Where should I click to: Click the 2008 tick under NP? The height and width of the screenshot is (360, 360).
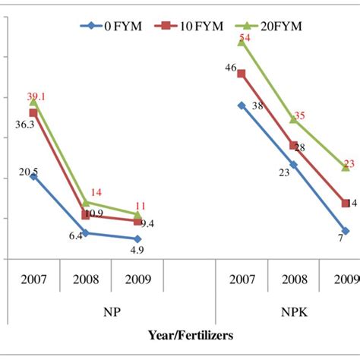click(85, 279)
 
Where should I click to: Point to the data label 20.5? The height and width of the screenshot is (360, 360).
click(27, 172)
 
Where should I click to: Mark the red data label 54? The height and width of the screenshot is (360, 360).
click(245, 38)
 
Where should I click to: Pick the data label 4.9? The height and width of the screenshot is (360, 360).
click(136, 249)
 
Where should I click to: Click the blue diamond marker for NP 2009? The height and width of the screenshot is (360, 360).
click(137, 238)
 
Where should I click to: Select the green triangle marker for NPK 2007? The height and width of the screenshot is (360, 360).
click(242, 43)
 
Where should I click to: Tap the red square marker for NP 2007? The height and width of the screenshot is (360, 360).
click(33, 112)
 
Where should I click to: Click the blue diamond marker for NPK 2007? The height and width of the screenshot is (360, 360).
click(242, 106)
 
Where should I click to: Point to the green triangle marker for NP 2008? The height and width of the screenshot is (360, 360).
click(86, 203)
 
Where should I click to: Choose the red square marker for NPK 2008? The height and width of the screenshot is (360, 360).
click(293, 145)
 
